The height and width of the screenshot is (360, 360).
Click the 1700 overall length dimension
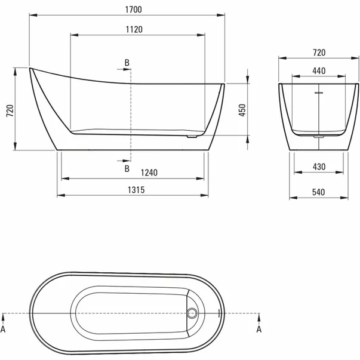point(133,10)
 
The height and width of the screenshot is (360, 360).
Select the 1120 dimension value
point(134,30)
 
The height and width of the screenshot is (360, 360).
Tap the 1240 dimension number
point(149,173)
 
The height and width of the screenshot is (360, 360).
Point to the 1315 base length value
point(136,190)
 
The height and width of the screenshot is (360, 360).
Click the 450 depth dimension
point(242,110)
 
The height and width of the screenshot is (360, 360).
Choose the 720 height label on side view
point(10,110)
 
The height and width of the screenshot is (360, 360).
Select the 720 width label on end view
point(319,53)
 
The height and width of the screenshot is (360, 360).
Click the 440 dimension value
point(319,70)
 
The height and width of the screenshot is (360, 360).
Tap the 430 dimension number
point(319,167)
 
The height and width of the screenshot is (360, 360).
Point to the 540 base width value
point(319,192)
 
